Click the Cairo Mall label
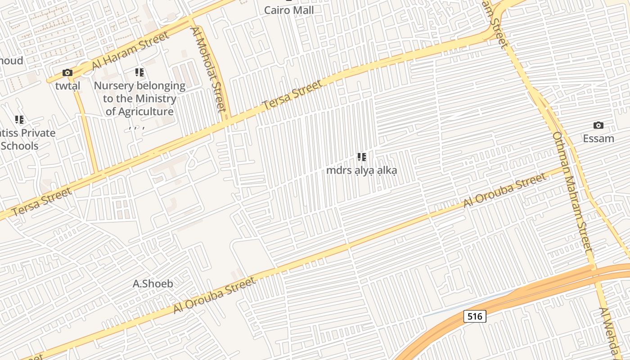[x=288, y=10]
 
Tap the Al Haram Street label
[x=130, y=50]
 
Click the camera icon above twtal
[x=67, y=72]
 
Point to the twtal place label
[x=67, y=85]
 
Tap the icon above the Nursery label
[x=139, y=72]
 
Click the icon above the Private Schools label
[x=19, y=120]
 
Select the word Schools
[x=20, y=146]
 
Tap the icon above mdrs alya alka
[x=362, y=157]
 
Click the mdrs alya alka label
[x=362, y=171]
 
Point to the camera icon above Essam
[x=598, y=125]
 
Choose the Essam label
[x=598, y=138]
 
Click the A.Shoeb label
[x=153, y=283]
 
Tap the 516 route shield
[x=475, y=316]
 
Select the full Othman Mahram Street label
[x=572, y=191]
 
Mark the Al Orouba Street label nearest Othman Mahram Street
[x=505, y=190]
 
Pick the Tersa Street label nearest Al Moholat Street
[x=292, y=94]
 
